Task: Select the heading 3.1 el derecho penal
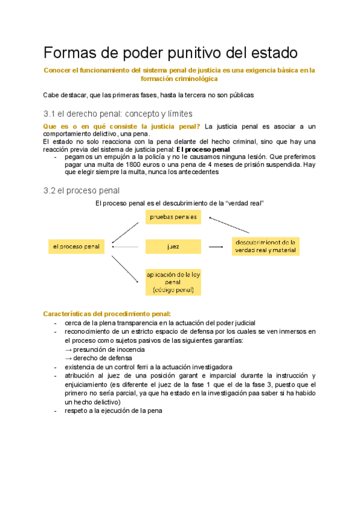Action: (118, 113)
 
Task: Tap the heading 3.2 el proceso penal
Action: (82, 190)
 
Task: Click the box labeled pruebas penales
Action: (173, 217)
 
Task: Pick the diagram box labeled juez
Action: (173, 246)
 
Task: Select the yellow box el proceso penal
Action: (76, 246)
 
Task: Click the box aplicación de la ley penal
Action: (173, 282)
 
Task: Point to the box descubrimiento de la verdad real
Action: (266, 245)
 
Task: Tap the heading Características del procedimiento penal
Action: (107, 313)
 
